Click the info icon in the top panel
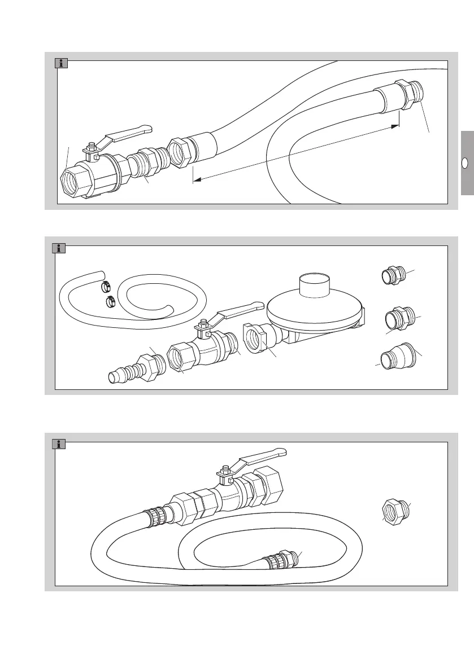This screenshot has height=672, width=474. point(62,63)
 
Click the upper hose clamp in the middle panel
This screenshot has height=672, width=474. point(106,287)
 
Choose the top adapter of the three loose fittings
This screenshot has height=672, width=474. point(392,276)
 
